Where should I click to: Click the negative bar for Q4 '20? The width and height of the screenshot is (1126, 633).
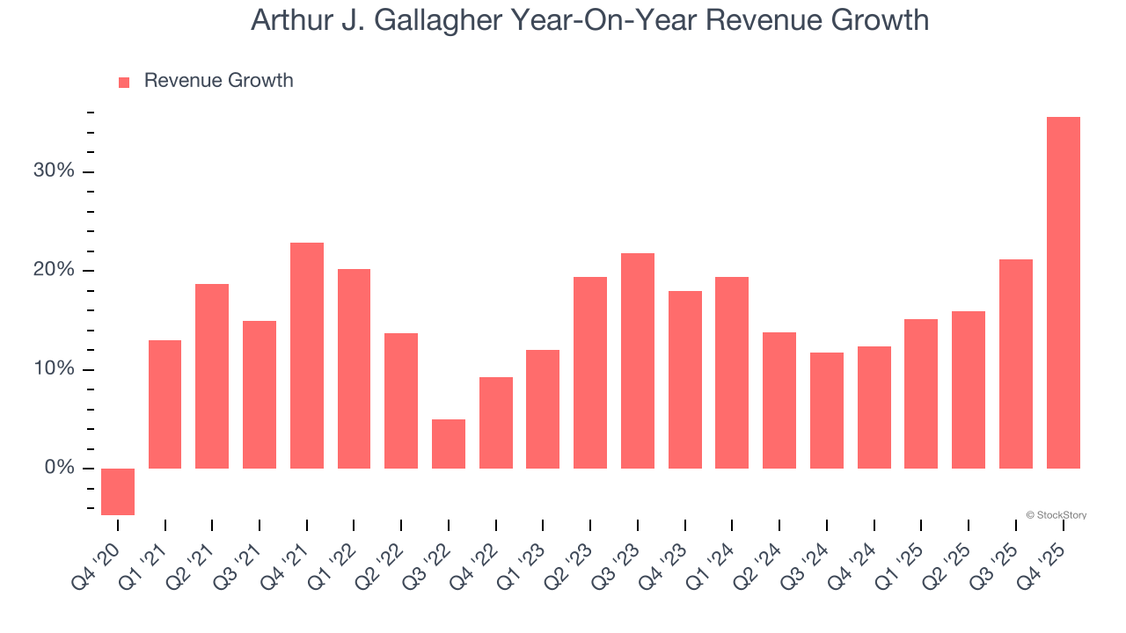pos(118,491)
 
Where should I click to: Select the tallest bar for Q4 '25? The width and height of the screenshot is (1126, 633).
pos(1063,293)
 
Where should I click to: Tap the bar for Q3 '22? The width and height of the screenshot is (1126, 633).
pos(449,444)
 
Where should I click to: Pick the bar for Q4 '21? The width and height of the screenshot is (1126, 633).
pos(307,355)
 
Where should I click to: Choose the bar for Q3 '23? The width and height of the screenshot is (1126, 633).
pos(638,360)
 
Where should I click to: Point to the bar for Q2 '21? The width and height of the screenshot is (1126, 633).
pos(212,376)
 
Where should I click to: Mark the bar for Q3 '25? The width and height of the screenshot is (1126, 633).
pos(1016,364)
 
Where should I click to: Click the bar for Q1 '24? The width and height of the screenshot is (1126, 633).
pos(732,373)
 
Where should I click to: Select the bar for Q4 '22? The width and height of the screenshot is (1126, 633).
pos(496,423)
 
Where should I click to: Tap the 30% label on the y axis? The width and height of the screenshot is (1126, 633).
pos(54,171)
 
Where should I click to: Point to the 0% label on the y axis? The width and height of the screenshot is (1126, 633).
pos(59,468)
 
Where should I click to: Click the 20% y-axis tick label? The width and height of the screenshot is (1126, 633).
pos(54,270)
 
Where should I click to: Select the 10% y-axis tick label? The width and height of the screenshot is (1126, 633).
pos(54,369)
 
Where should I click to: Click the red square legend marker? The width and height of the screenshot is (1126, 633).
pos(124,83)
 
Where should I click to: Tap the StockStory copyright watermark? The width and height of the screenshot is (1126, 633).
pos(1056,515)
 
